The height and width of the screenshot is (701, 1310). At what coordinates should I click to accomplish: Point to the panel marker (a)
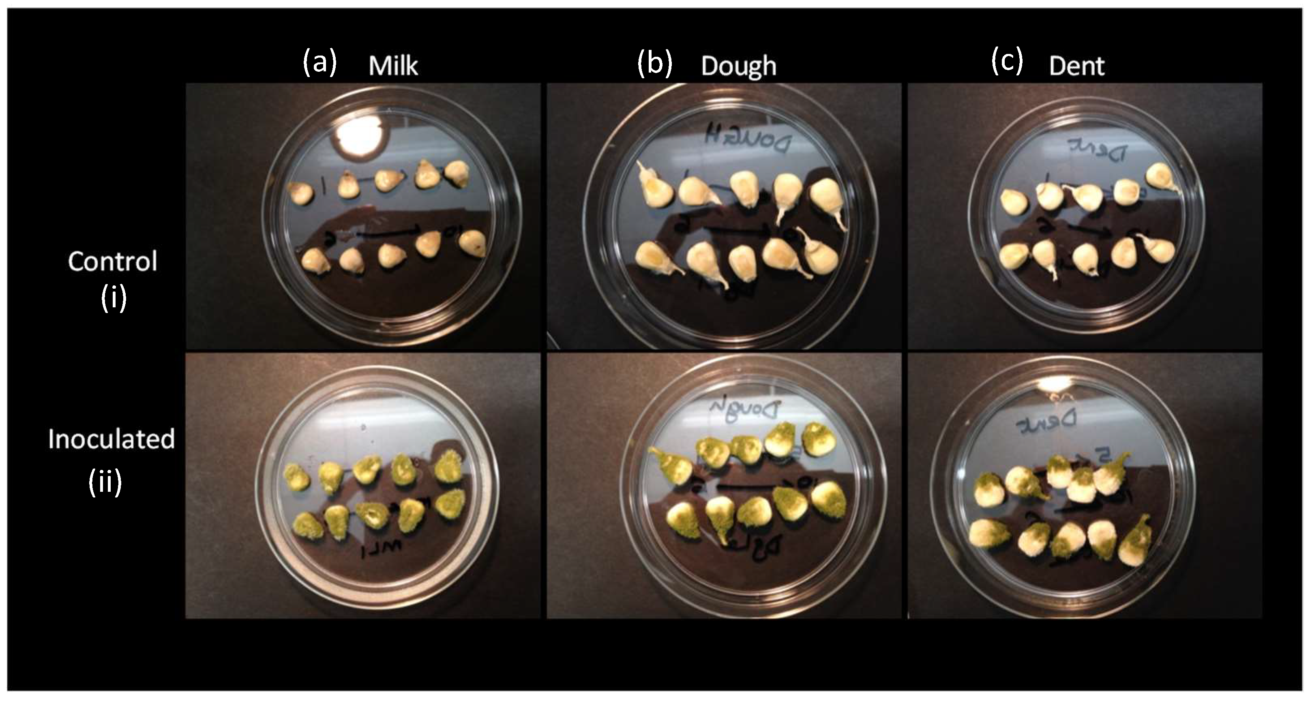tap(319, 62)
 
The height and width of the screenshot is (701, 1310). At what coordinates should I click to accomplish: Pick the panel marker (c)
tap(1006, 62)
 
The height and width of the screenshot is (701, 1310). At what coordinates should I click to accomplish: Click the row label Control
tap(112, 262)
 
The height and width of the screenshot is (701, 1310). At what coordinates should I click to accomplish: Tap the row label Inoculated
tap(111, 439)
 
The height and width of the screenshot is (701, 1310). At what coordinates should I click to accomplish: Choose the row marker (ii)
tap(105, 481)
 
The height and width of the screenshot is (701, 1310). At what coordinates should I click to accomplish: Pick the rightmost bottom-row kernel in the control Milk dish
tap(472, 243)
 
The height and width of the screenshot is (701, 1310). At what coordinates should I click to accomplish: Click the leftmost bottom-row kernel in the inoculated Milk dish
tap(309, 525)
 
